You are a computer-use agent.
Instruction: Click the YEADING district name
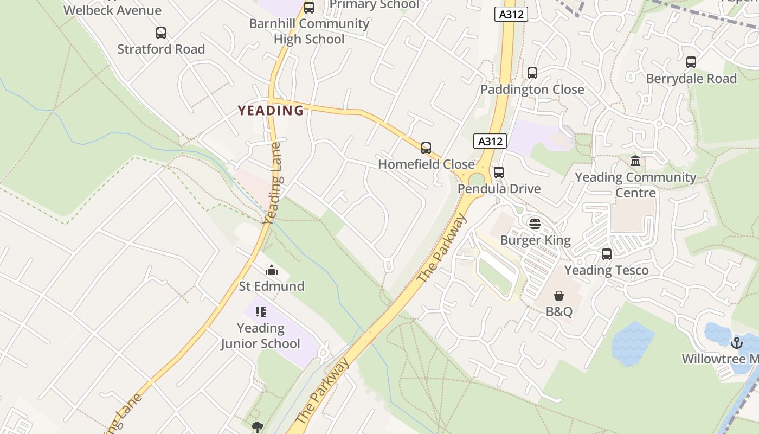[x=271, y=111]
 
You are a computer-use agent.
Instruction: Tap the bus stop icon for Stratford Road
[x=161, y=33]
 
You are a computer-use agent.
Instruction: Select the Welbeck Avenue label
[x=112, y=10]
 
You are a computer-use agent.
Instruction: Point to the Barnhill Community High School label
[x=309, y=31]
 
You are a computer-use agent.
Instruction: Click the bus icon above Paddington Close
[x=532, y=73]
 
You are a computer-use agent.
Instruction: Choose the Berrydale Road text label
[x=691, y=79]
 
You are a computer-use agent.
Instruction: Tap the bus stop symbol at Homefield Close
[x=426, y=148]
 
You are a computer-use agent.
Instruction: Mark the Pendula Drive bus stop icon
[x=499, y=173]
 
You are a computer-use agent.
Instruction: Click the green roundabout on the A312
[x=477, y=179]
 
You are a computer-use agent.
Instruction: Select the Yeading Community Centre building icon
[x=635, y=161]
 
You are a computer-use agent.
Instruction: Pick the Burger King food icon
[x=535, y=224]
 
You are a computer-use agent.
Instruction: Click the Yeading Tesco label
[x=606, y=270]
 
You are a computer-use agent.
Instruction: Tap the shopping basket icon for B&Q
[x=559, y=296]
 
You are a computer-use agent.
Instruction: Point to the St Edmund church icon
[x=272, y=270]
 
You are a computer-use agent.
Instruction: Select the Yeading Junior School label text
[x=260, y=336]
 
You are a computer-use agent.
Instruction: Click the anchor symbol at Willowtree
[x=736, y=343]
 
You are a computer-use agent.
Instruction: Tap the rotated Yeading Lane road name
[x=273, y=183]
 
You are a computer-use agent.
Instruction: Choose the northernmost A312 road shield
[x=511, y=15]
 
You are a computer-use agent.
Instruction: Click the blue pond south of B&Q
[x=633, y=343]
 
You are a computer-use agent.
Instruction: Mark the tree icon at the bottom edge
[x=258, y=427]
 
